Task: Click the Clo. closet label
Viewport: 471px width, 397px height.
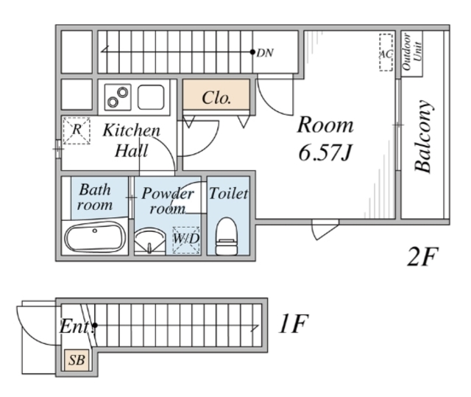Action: pyautogui.click(x=216, y=98)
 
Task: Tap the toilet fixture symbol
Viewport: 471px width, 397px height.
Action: pyautogui.click(x=227, y=236)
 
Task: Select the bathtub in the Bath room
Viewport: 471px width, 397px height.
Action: pyautogui.click(x=95, y=236)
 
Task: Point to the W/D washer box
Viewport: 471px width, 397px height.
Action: pyautogui.click(x=186, y=239)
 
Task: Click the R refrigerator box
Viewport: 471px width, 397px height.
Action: pyautogui.click(x=77, y=130)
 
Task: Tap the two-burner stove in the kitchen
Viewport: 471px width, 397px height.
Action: pyautogui.click(x=118, y=96)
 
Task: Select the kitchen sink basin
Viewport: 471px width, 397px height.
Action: pyautogui.click(x=151, y=96)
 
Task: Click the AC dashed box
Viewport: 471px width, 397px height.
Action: pyautogui.click(x=386, y=52)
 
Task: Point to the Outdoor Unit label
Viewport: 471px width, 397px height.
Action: pyautogui.click(x=411, y=52)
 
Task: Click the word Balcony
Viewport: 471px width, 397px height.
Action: pyautogui.click(x=424, y=136)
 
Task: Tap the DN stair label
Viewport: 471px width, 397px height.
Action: pyautogui.click(x=265, y=53)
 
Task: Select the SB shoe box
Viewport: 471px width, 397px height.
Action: pyautogui.click(x=77, y=359)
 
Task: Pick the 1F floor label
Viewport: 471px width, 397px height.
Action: pyautogui.click(x=293, y=323)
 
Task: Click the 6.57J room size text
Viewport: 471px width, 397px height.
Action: pyautogui.click(x=325, y=152)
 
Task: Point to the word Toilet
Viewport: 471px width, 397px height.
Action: pyautogui.click(x=229, y=194)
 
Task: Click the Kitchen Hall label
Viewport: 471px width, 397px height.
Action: pyautogui.click(x=132, y=141)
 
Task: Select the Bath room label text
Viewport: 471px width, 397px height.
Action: pyautogui.click(x=95, y=197)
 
